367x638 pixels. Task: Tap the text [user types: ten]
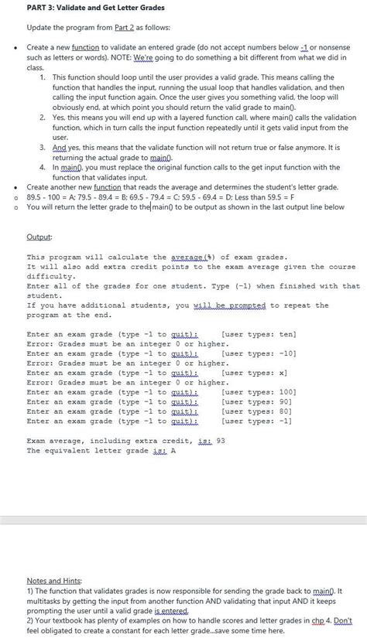[x=259, y=334]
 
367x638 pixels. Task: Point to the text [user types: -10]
[x=259, y=353]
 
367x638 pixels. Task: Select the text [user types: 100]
[x=259, y=392]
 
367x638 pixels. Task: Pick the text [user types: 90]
[x=256, y=402]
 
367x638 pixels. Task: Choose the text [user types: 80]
[x=256, y=411]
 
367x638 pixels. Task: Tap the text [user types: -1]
[x=256, y=421]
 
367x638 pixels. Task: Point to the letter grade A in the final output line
[x=173, y=451]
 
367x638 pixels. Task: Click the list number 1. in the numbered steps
[x=42, y=78]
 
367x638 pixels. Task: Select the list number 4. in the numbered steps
[x=42, y=167]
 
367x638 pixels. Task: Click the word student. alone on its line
[x=43, y=295]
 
